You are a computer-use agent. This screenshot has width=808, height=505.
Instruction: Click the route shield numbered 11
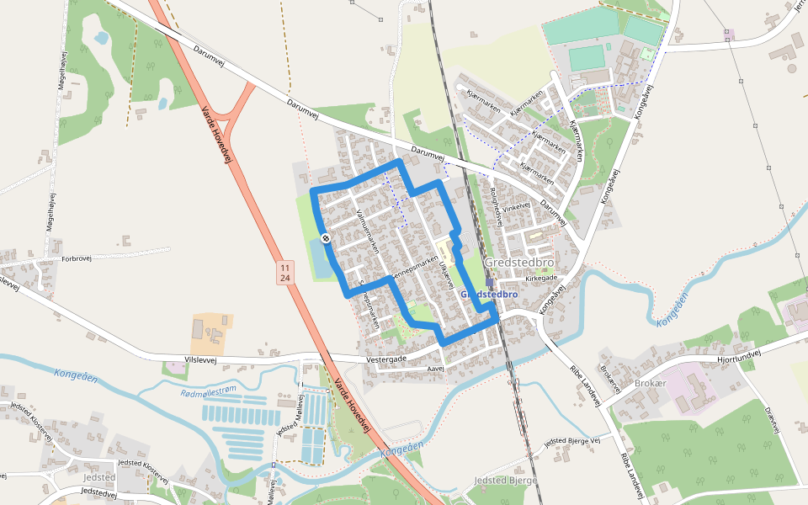click(285, 267)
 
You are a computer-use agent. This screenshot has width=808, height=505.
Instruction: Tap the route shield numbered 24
click(285, 278)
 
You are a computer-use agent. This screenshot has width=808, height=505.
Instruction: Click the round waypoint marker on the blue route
click(326, 238)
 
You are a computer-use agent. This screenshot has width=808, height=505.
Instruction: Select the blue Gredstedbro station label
click(489, 295)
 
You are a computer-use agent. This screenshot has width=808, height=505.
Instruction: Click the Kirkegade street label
click(541, 278)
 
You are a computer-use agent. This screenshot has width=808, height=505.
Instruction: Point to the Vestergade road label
click(386, 359)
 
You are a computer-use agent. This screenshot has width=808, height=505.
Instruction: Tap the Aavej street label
click(435, 369)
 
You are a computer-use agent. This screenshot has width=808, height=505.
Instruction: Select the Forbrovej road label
click(76, 259)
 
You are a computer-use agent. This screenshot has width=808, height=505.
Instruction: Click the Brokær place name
click(651, 382)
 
